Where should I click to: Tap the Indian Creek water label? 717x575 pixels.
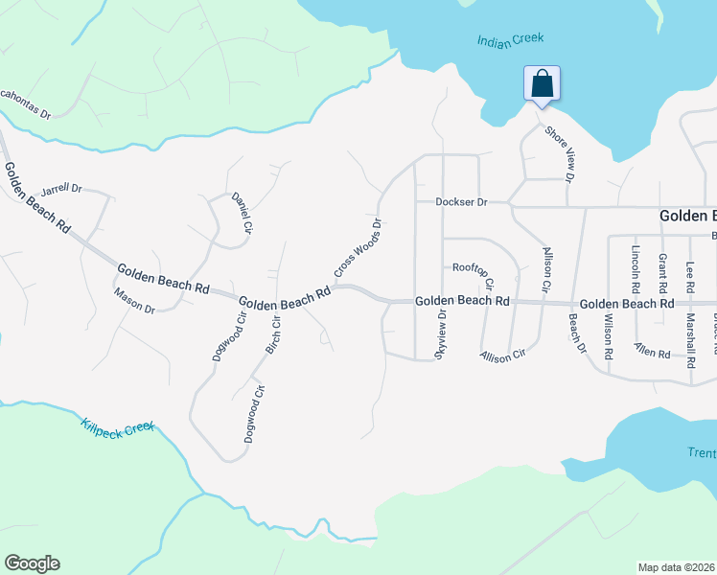pos(510,39)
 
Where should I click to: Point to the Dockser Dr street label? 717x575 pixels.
pos(461,202)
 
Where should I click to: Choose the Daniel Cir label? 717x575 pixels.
pos(242,213)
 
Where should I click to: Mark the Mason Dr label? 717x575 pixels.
pos(134,301)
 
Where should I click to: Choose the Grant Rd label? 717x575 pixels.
pos(661,272)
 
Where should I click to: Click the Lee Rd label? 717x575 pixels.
pos(689,278)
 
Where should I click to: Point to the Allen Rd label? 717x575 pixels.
pos(652,353)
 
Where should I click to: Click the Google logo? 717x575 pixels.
pos(32,563)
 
